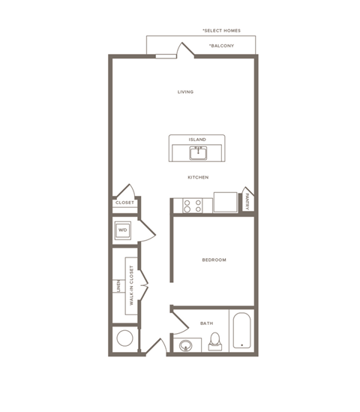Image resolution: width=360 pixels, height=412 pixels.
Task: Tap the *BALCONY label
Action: (x=222, y=46)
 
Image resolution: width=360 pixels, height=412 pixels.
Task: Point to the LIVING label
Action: (x=185, y=92)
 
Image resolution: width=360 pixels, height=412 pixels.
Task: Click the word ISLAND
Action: (x=197, y=140)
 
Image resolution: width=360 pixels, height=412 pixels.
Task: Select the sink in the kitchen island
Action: (x=198, y=154)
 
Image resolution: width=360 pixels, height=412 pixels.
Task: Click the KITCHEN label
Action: (x=198, y=177)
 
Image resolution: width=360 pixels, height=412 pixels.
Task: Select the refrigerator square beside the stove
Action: (x=225, y=203)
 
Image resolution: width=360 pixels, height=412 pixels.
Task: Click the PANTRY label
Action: (x=248, y=200)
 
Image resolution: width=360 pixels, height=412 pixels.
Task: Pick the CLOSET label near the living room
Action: (x=124, y=203)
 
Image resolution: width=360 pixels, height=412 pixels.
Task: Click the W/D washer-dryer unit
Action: (x=123, y=230)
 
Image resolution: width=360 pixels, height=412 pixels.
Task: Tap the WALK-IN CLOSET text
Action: (x=132, y=285)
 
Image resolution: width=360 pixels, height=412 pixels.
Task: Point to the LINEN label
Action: (x=118, y=286)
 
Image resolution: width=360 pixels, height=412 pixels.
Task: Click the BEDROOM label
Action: (x=214, y=260)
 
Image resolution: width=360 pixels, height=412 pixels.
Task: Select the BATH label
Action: (x=206, y=323)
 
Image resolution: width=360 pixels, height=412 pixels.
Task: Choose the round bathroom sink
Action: (x=184, y=345)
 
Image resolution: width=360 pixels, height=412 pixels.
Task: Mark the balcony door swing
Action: (x=184, y=50)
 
